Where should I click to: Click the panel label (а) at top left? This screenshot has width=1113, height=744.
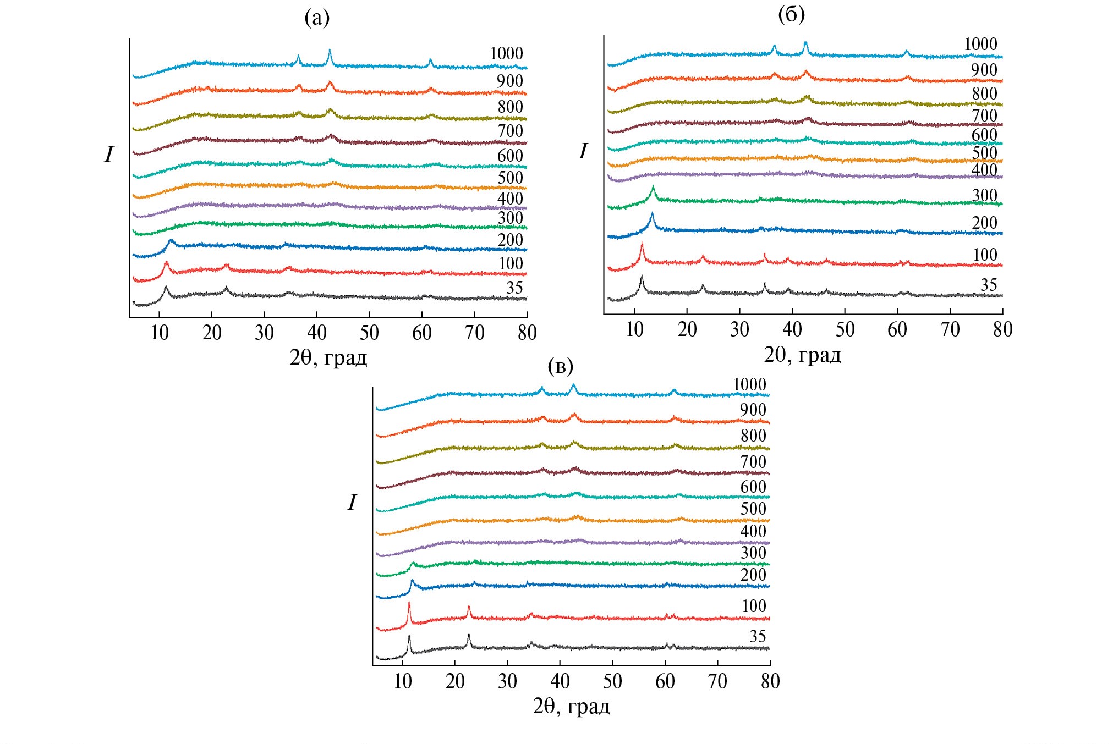click(x=317, y=19)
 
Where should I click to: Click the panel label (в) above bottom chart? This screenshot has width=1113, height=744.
click(x=561, y=366)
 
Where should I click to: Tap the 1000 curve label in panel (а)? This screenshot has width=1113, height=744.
click(x=506, y=53)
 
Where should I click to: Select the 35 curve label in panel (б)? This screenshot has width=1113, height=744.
click(x=988, y=285)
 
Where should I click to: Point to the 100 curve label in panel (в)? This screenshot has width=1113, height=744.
click(x=754, y=606)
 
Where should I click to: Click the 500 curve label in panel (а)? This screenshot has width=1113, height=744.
click(x=510, y=178)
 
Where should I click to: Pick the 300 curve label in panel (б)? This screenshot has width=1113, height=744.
click(x=984, y=195)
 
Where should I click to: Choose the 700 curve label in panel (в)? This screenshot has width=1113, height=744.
click(x=753, y=462)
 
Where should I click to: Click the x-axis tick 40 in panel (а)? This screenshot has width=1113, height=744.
click(x=317, y=333)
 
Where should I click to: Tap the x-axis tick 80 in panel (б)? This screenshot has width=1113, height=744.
click(x=1002, y=329)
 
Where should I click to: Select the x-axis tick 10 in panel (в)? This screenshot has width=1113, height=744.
click(x=403, y=681)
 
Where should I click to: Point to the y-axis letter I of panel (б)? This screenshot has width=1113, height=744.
click(x=583, y=151)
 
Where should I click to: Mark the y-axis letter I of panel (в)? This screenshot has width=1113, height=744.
click(x=352, y=503)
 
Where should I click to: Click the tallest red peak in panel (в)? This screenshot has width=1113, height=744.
click(x=409, y=604)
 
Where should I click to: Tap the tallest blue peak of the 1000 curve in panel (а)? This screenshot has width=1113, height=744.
click(x=330, y=51)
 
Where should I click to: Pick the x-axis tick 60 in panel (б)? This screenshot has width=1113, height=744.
click(x=897, y=329)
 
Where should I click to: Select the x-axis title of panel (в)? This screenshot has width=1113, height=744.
click(x=572, y=707)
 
